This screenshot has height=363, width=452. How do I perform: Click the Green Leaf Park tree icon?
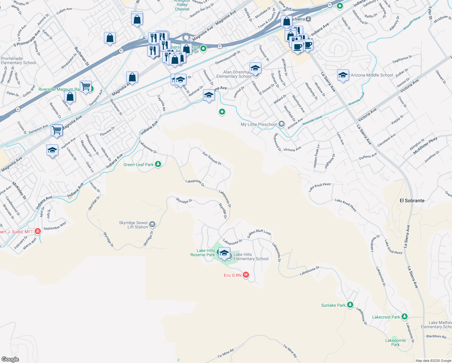(x=158, y=164)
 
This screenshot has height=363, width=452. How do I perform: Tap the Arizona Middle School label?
(x=372, y=75)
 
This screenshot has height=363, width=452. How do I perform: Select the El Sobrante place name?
(x=412, y=201)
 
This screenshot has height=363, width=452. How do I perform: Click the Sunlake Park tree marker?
(x=350, y=305)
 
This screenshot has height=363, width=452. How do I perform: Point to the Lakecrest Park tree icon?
(x=404, y=317)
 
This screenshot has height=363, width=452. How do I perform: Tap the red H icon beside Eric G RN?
(x=246, y=275)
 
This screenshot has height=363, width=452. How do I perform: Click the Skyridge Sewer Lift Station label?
(x=134, y=225)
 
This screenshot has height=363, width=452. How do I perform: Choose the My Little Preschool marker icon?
(x=281, y=124)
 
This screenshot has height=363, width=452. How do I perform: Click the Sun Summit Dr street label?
(x=212, y=158)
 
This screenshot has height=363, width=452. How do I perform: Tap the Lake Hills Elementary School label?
(x=251, y=257)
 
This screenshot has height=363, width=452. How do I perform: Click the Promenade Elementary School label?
(x=18, y=60)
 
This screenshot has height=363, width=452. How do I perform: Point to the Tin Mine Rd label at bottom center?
(x=225, y=353)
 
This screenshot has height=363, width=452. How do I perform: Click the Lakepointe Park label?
(x=395, y=342)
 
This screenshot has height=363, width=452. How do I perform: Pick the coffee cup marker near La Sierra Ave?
(x=298, y=47)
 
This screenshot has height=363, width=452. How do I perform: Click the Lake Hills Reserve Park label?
(x=203, y=253)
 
